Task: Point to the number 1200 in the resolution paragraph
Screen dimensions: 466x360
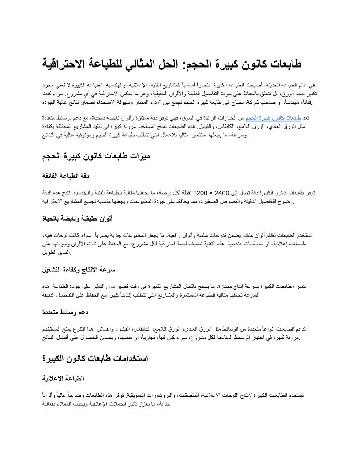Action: tap(200, 193)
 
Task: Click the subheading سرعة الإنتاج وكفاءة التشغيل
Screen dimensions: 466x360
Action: tap(79, 270)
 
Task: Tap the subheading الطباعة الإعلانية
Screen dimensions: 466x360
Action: tap(63, 378)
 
